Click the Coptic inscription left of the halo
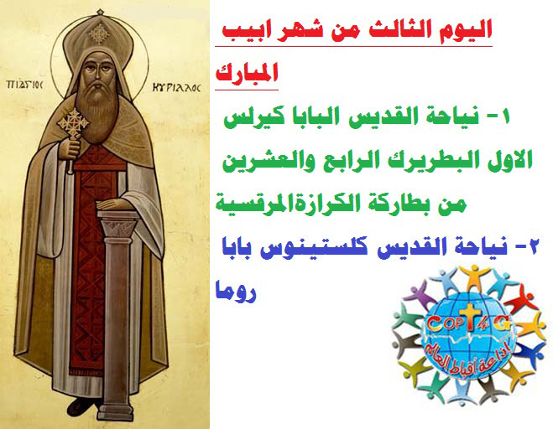pyautogui.click(x=24, y=85)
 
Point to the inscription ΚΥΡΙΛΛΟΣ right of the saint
pyautogui.click(x=176, y=87)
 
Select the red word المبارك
pyautogui.click(x=247, y=73)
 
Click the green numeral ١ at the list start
pyautogui.click(x=505, y=116)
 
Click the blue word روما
pyautogui.click(x=236, y=292)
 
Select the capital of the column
pyautogui.click(x=117, y=223)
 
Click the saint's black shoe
pyautogui.click(x=82, y=407)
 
